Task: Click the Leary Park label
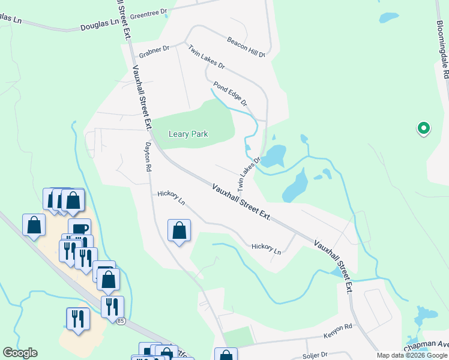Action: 188,134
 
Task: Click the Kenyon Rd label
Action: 337,328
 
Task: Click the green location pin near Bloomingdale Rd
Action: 423,128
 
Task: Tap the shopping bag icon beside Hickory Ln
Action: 179,230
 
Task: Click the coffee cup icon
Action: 79,227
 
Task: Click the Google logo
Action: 20,353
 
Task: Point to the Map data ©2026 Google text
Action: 412,355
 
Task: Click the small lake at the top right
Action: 389,17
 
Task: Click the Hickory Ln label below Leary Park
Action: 171,198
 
